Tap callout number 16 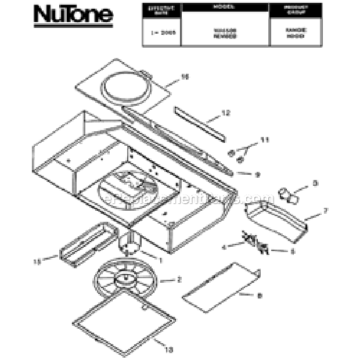(x=185, y=76)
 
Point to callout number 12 (x=226, y=113)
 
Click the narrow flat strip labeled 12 (x=198, y=122)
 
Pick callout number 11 (x=265, y=140)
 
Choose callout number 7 (x=325, y=211)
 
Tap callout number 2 (x=179, y=280)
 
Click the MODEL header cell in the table (x=224, y=9)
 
